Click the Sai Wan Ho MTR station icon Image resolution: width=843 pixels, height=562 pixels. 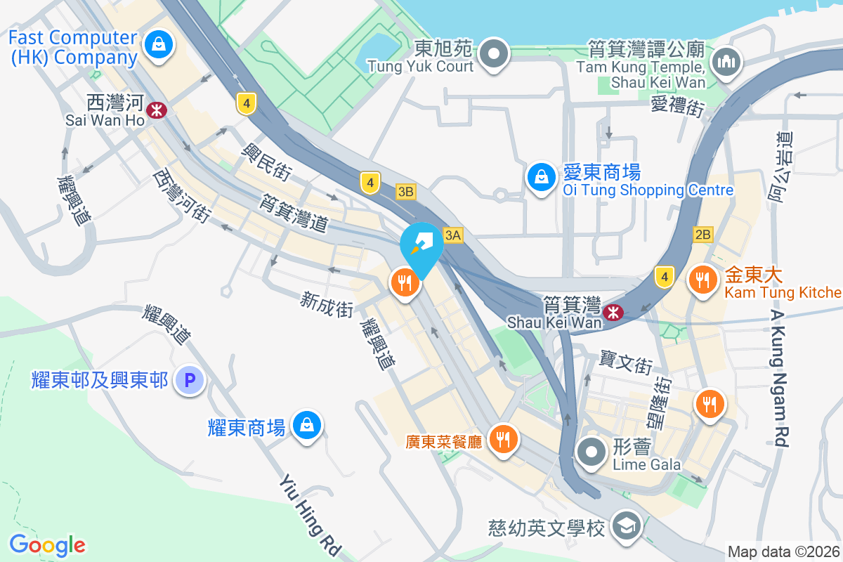tap(156, 109)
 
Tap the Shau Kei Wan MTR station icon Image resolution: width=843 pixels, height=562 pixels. tap(613, 311)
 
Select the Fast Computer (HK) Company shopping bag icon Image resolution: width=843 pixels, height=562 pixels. tap(159, 46)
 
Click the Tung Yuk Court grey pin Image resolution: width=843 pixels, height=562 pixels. tap(495, 53)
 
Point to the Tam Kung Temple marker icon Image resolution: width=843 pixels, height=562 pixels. tap(726, 61)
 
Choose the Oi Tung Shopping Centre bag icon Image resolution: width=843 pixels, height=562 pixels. tap(542, 178)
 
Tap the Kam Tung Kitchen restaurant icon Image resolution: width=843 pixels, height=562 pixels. tap(702, 280)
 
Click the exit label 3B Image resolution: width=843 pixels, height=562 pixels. tap(406, 191)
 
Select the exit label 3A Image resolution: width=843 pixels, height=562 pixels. tap(452, 235)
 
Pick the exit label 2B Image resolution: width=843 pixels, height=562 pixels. tap(702, 235)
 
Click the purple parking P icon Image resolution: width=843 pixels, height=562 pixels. tap(189, 381)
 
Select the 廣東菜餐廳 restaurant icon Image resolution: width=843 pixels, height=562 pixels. tap(503, 440)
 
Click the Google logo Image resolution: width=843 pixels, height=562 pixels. tap(47, 545)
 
